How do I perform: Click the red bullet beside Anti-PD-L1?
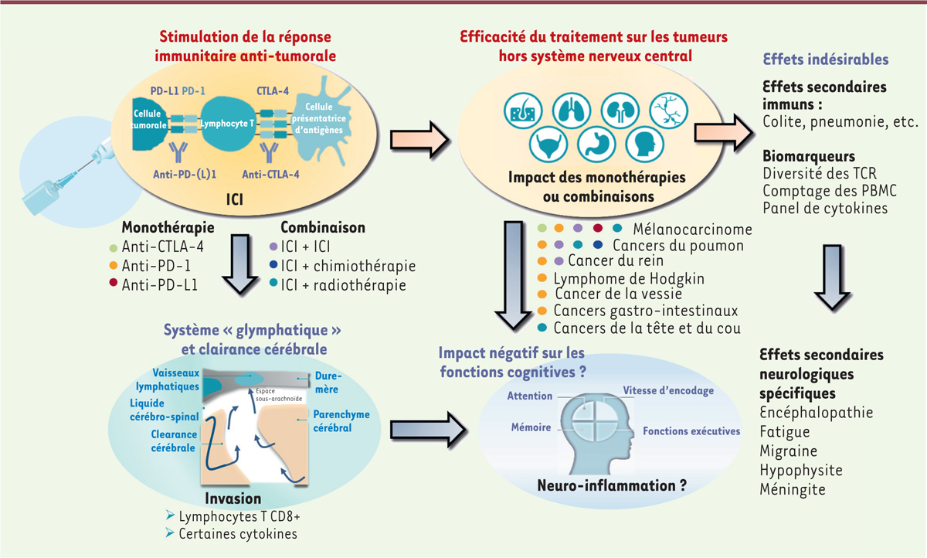(115, 284)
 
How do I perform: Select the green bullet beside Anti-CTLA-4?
(115, 247)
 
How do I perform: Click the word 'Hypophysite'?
(801, 470)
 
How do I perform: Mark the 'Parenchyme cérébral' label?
(341, 420)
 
